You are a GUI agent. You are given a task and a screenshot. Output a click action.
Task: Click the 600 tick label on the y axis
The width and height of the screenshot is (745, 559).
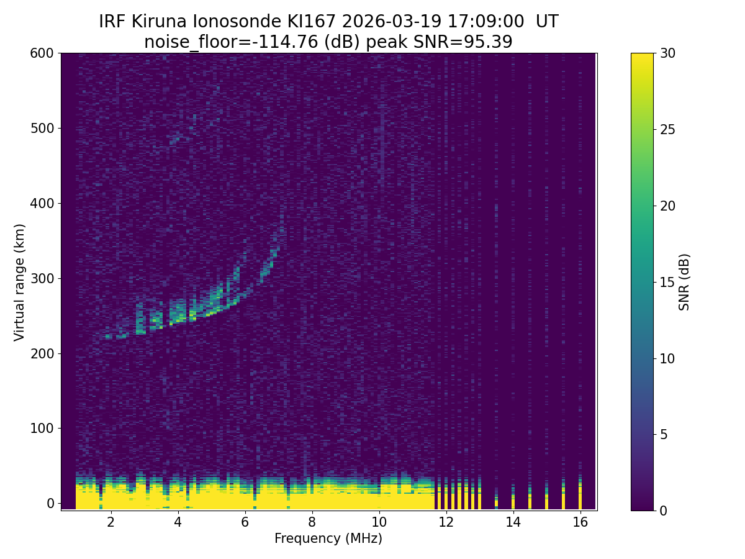tap(42, 53)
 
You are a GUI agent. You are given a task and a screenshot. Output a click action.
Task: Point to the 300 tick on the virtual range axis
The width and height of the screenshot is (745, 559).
tap(42, 278)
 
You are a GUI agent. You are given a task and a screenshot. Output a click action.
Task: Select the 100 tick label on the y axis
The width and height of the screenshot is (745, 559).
tap(42, 428)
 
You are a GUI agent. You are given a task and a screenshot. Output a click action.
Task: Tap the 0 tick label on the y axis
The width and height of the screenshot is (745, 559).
tap(50, 503)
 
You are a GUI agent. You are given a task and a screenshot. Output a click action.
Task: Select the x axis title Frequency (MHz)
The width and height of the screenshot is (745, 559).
tap(328, 539)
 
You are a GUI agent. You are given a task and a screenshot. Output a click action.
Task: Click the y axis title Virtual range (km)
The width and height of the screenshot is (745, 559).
tap(20, 282)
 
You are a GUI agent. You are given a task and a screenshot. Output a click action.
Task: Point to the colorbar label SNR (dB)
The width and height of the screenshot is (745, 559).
tap(684, 282)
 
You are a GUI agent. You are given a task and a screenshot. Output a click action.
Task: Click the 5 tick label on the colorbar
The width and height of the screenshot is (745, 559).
tap(663, 434)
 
